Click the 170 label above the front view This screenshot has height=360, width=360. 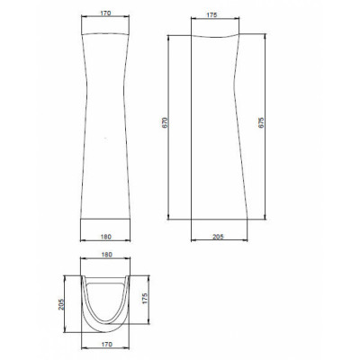tap(105, 13)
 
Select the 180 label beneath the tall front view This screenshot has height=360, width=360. tap(105, 237)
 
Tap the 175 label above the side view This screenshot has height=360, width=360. tap(212, 15)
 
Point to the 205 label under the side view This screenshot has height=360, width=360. tap(218, 237)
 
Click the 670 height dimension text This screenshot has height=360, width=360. tap(166, 122)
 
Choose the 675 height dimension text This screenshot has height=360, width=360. tap(261, 123)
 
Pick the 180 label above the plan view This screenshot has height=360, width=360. tap(106, 255)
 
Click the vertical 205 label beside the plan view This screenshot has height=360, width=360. tap(61, 304)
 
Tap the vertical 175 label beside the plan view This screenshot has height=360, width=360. tap(145, 299)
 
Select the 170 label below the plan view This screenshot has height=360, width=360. tap(106, 344)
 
